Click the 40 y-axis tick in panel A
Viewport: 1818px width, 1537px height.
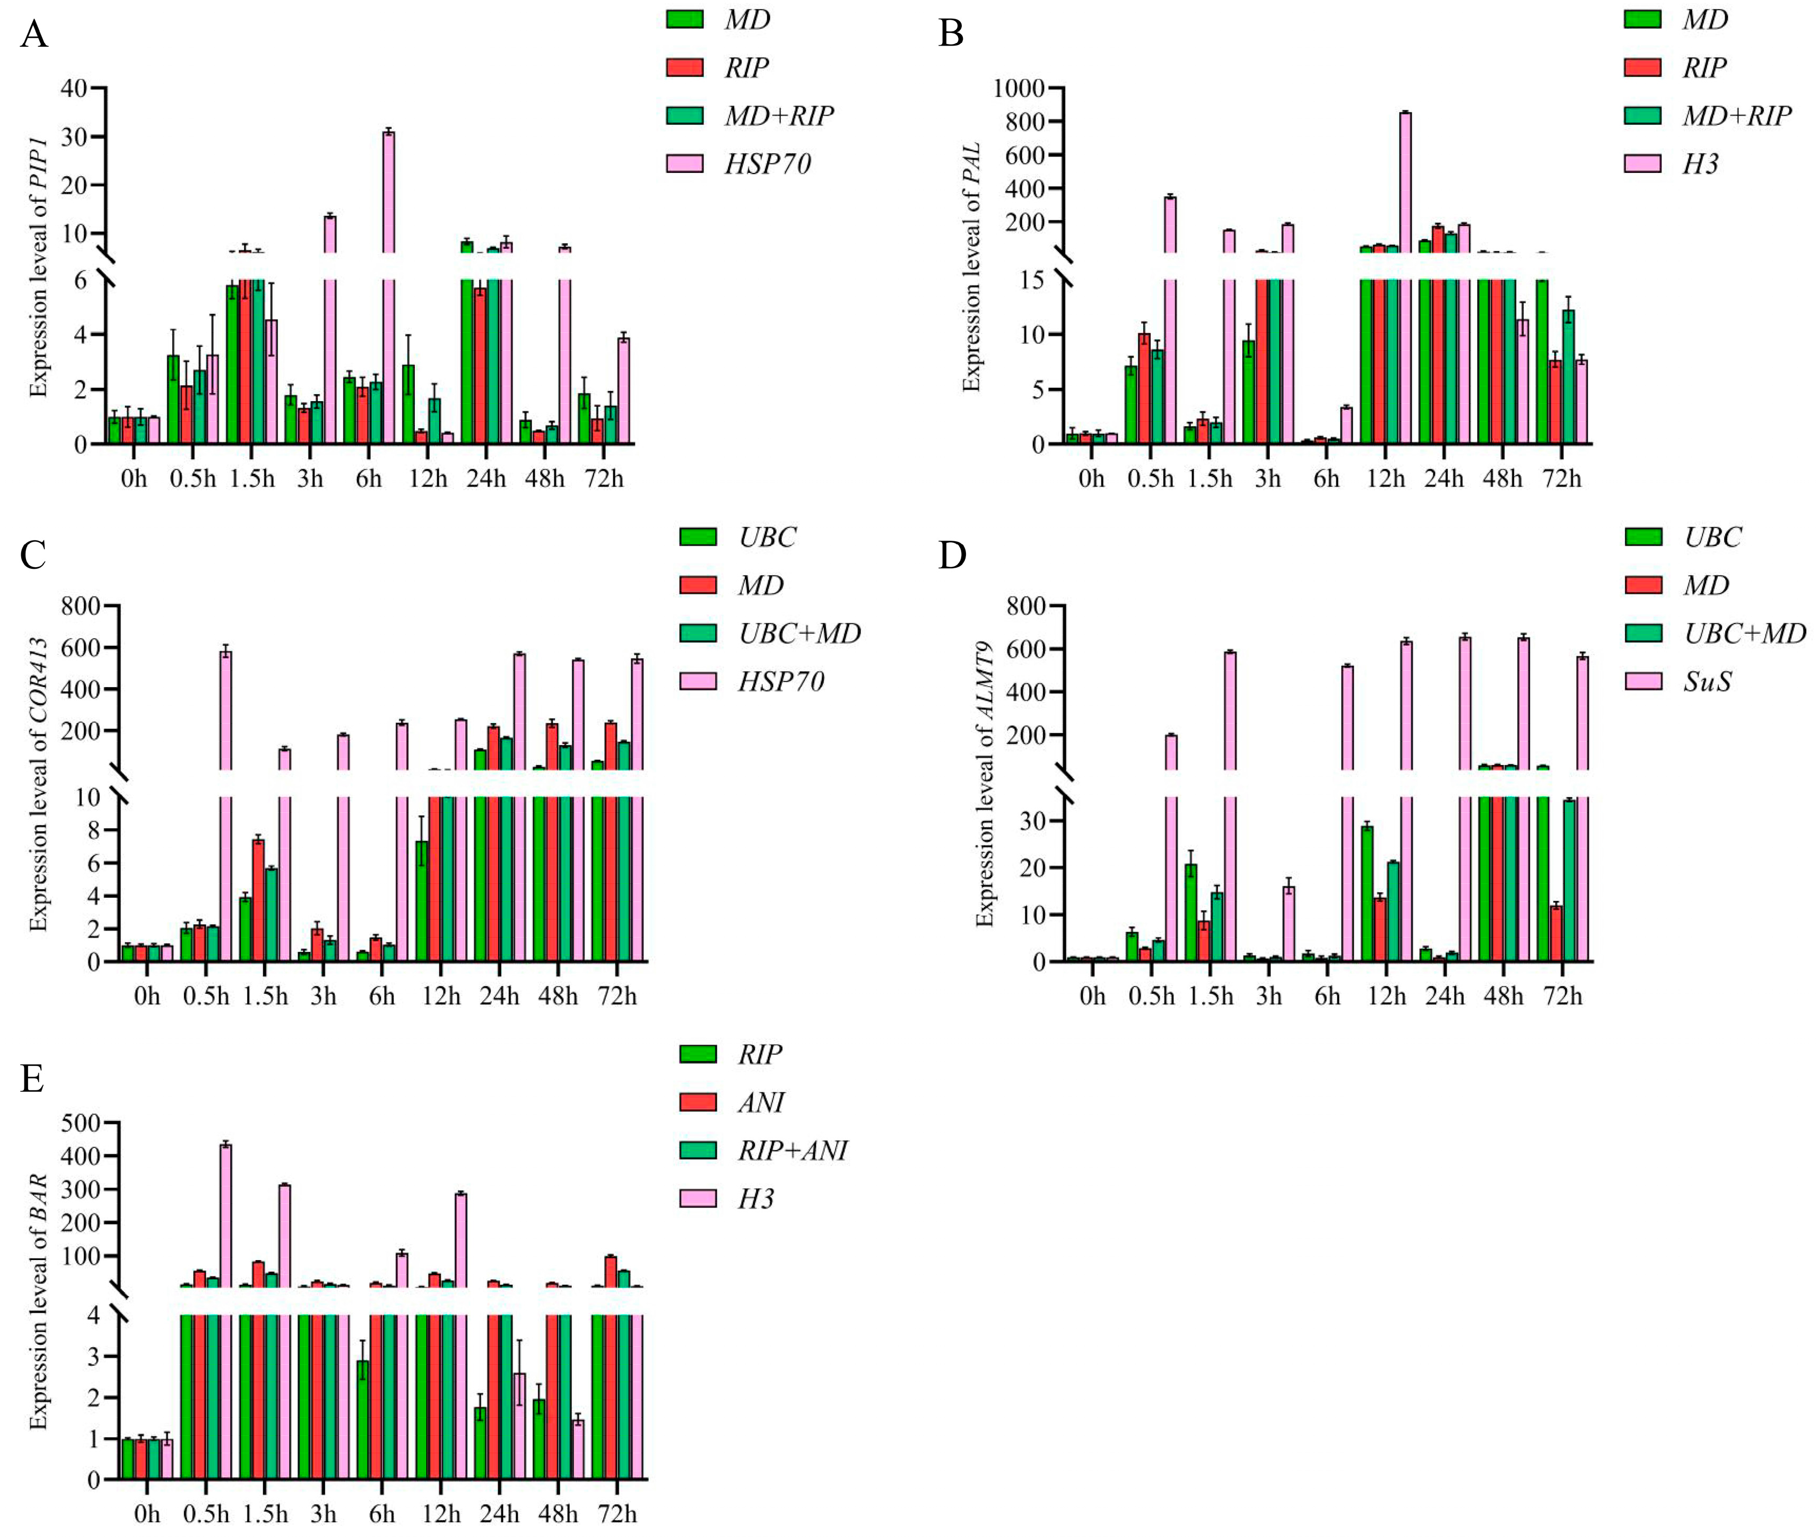(74, 88)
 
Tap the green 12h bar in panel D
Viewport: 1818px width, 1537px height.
(1367, 893)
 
